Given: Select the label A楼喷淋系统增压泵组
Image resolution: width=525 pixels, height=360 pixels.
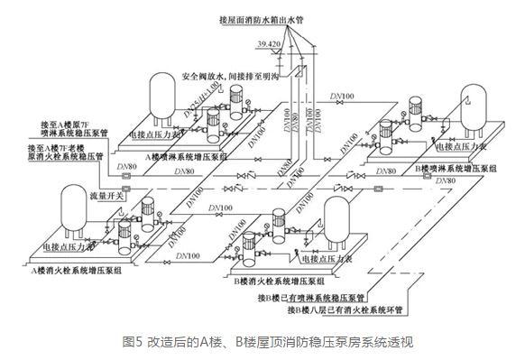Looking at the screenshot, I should (190, 154).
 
